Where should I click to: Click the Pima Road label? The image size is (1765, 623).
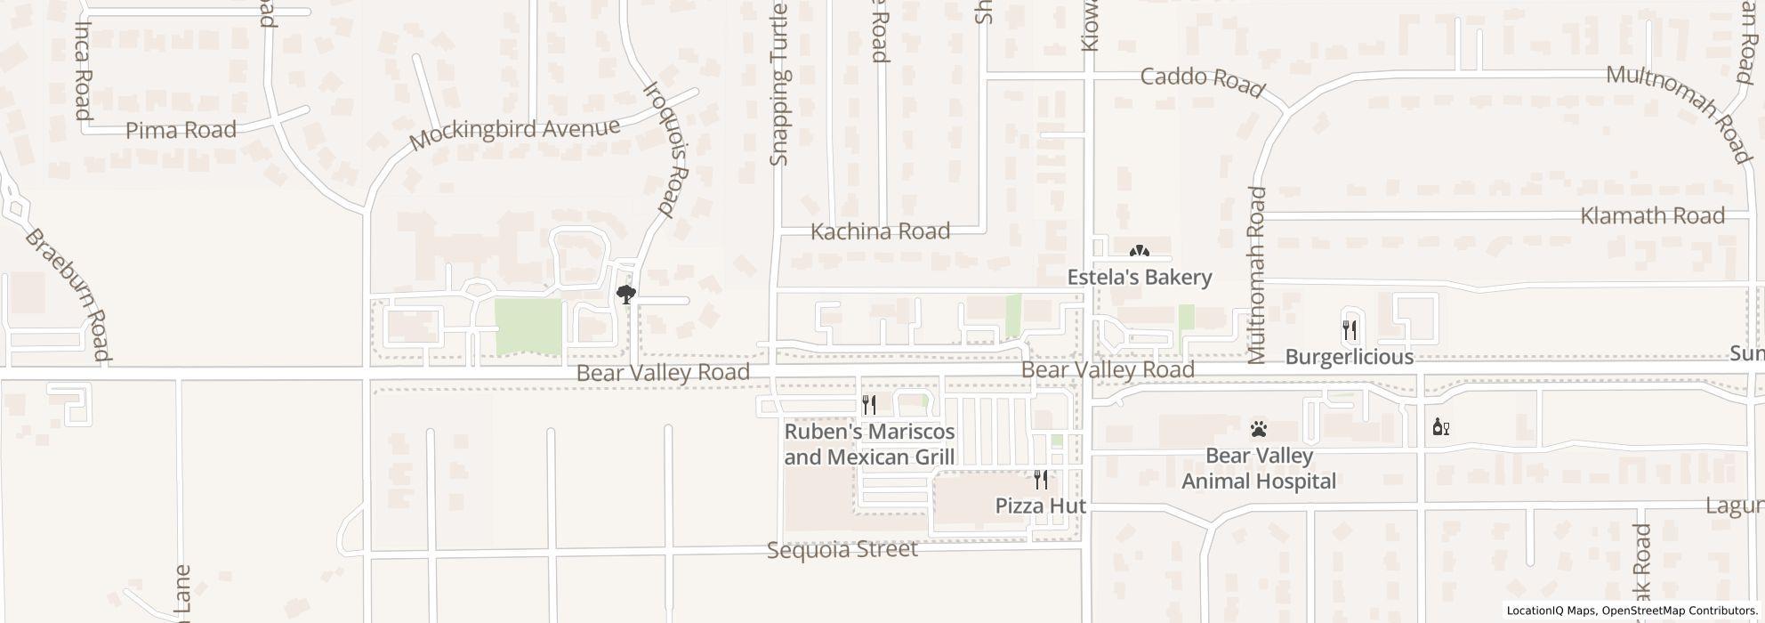pos(181,131)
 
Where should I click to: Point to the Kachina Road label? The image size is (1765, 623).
pos(880,231)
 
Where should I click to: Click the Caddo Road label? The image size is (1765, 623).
pos(1202,81)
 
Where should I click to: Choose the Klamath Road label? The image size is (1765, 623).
pos(1652,215)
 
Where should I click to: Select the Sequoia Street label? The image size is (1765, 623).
pos(842,550)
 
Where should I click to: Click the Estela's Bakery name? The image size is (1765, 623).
pos(1139,278)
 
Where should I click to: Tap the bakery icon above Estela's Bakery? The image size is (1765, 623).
pos(1139,253)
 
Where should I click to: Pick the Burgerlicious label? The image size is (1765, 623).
pos(1349,357)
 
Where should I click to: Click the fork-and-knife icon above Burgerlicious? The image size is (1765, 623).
pos(1350,330)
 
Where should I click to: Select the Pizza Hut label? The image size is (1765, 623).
pos(1040,506)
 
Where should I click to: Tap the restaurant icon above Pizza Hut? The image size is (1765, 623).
pos(1040,481)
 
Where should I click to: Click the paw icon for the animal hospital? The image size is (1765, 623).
pos(1258,430)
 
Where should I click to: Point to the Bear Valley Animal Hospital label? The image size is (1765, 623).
pos(1258,468)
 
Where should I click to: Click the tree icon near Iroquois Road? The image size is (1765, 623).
pos(626,295)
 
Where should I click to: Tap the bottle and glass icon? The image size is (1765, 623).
pos(1440,427)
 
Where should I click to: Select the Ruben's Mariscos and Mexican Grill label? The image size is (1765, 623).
pos(869,444)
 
